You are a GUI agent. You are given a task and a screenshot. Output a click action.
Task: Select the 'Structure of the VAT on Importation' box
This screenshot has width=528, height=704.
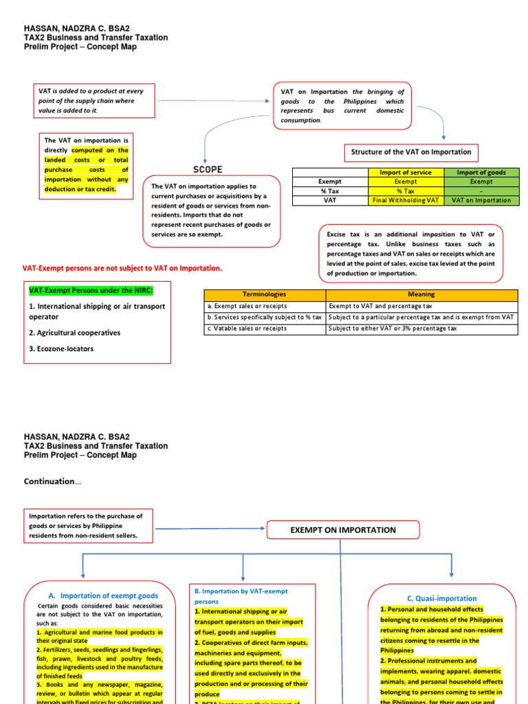[411, 152]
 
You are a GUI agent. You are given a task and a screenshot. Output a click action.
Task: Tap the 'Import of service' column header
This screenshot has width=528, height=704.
[405, 172]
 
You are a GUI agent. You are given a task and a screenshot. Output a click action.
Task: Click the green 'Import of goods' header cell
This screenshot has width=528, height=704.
[481, 172]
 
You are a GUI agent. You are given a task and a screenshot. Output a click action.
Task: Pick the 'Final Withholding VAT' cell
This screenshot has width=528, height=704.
[405, 201]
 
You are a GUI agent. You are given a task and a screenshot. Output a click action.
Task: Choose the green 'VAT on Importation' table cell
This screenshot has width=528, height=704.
[481, 201]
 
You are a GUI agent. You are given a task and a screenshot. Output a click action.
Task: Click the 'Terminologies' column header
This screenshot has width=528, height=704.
[265, 294]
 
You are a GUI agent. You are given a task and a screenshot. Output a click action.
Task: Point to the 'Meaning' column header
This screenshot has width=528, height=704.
[421, 294]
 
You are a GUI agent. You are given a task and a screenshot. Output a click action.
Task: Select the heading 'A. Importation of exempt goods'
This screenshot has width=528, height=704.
[103, 595]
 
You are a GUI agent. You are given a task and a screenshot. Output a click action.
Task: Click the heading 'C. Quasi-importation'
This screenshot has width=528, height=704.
[442, 598]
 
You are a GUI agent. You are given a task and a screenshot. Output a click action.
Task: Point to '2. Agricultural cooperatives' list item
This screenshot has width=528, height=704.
[74, 333]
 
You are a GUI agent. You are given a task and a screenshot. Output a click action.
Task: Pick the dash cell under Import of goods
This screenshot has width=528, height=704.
[481, 191]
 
